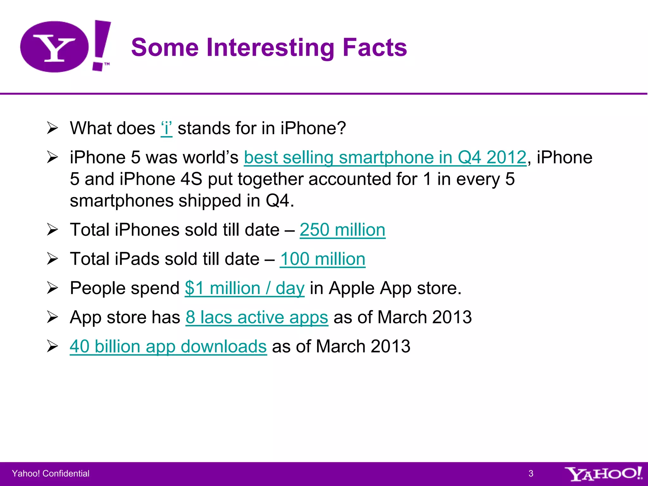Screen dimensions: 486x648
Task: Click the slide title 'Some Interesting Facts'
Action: tap(269, 47)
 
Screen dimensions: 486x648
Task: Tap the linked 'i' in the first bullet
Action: tap(166, 128)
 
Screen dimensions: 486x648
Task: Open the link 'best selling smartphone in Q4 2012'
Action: tap(385, 158)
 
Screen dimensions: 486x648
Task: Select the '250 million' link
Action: tap(342, 230)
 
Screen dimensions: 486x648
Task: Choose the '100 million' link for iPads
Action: tap(322, 259)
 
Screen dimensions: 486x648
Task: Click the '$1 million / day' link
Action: tap(245, 288)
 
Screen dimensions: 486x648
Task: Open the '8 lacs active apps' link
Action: tap(257, 317)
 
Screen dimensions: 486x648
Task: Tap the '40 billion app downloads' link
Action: tap(168, 346)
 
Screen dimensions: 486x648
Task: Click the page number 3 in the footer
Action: tap(531, 474)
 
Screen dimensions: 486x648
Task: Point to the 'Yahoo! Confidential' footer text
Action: tap(51, 474)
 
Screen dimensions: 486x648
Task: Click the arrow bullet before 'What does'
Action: tap(53, 128)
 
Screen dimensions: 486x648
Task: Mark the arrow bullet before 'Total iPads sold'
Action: tap(53, 259)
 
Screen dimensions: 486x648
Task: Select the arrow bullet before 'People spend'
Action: tap(53, 288)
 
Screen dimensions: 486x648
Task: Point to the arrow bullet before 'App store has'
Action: tap(53, 317)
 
